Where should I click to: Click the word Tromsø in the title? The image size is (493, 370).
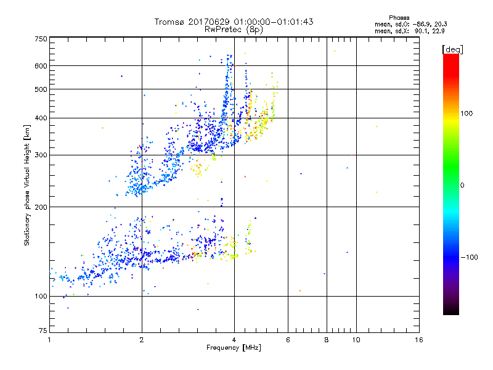[x=171, y=22]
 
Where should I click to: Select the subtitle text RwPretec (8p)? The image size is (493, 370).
[x=235, y=29]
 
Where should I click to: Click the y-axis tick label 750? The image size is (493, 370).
[x=41, y=39]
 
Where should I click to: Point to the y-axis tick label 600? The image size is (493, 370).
[x=41, y=66]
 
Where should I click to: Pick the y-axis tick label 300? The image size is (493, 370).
[x=41, y=155]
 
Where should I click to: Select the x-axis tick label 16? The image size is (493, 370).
[x=419, y=340]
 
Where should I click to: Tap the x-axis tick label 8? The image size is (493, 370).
[x=327, y=340]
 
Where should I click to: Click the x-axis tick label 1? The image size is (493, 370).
[x=49, y=340]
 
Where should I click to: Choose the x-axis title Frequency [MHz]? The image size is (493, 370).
[x=234, y=348]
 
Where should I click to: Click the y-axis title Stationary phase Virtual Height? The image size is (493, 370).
[x=27, y=185]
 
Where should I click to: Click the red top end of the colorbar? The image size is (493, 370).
[x=450, y=57]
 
